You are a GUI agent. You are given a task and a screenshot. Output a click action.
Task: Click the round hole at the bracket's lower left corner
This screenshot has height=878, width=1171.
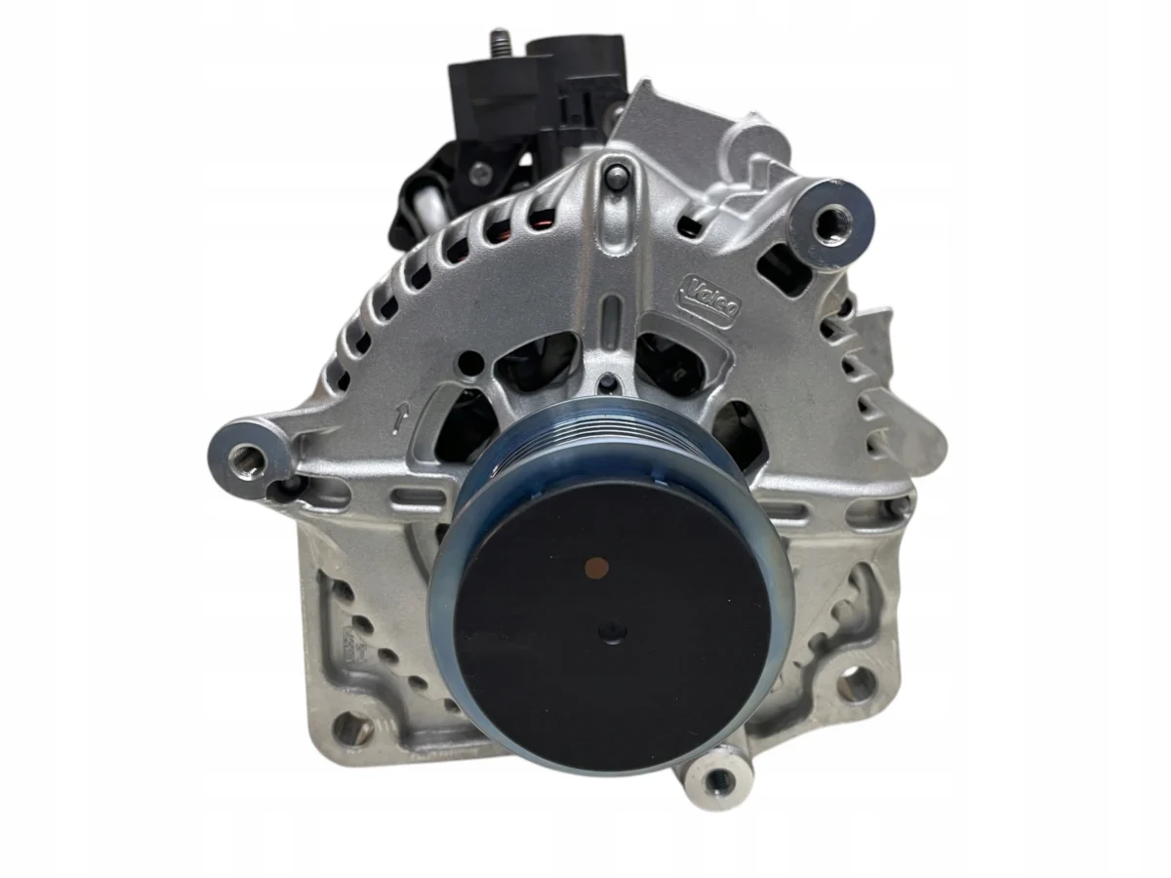pos(349,727)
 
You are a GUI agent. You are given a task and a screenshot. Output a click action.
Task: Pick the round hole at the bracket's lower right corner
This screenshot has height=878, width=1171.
pos(855,683)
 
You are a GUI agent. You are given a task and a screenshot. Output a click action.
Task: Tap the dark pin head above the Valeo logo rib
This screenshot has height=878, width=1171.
pos(616,176)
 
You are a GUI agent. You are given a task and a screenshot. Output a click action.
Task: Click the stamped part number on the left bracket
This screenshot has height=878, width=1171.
pos(343,644)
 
